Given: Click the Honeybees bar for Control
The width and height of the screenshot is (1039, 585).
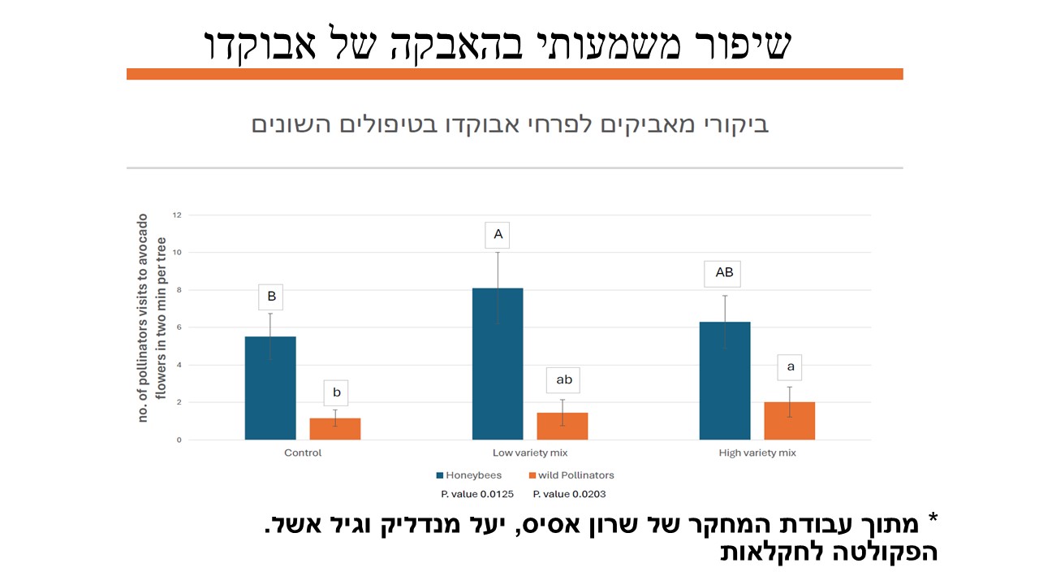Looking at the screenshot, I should point(270,388).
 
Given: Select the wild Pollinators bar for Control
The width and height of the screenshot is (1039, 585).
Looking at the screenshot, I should point(335,429).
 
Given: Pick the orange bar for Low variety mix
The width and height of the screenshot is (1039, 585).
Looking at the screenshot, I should point(563,427).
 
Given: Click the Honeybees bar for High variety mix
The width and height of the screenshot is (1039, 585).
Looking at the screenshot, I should point(725,381).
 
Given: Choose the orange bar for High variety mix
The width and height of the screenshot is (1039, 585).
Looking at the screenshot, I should point(790,421).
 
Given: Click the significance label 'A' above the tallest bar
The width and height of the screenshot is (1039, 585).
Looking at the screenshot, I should point(498,236).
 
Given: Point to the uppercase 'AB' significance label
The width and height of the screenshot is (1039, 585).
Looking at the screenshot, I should point(724,273).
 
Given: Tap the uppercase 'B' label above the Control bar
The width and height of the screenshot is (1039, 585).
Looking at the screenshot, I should point(271,297).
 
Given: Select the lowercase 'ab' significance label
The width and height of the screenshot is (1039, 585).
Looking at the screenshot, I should point(563,379).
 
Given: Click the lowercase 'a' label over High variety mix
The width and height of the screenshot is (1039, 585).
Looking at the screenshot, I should point(791,366).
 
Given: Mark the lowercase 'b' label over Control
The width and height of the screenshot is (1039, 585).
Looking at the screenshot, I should point(336,393).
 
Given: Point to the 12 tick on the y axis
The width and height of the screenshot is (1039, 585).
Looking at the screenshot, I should point(176,215).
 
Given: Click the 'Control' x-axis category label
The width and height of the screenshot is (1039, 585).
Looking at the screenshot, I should point(303,453).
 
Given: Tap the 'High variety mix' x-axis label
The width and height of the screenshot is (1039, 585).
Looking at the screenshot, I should point(757,453).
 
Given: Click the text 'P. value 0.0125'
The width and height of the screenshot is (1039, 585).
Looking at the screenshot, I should point(478,494).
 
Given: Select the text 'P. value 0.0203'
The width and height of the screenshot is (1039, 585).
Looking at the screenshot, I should point(569,494).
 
